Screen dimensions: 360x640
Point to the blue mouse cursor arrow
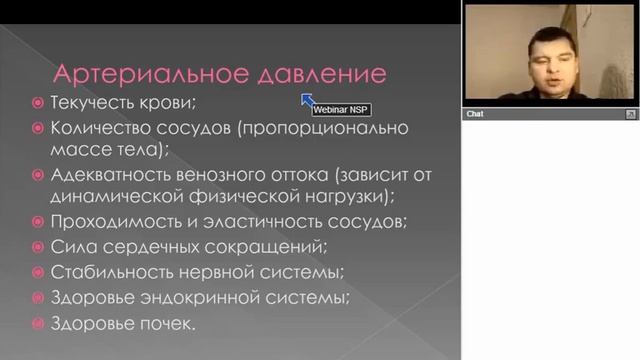coord(307,99)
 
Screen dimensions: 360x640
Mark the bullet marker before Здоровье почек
coord(38,324)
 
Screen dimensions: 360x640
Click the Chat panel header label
coord(476,114)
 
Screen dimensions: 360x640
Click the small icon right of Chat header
coord(629,114)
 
